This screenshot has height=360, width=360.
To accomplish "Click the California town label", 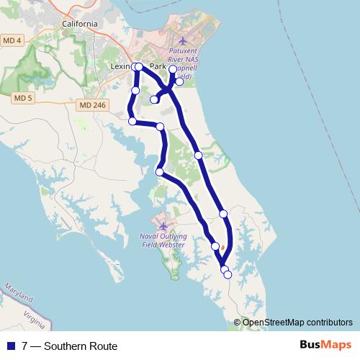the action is pyautogui.click(x=79, y=24).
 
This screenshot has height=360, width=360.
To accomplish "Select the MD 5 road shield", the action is pyautogui.click(x=23, y=97).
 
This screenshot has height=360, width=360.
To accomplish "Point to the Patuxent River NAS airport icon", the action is pyautogui.click(x=182, y=40).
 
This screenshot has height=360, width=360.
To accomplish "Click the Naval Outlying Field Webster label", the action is pyautogui.click(x=162, y=240).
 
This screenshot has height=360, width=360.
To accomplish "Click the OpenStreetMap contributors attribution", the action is pyautogui.click(x=293, y=323).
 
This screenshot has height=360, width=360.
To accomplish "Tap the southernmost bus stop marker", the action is pyautogui.click(x=228, y=274).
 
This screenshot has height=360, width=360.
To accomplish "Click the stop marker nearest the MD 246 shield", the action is pyautogui.click(x=132, y=121).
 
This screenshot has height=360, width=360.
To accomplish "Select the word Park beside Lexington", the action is pyautogui.click(x=158, y=66).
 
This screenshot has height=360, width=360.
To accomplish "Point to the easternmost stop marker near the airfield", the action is pyautogui.click(x=179, y=81).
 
